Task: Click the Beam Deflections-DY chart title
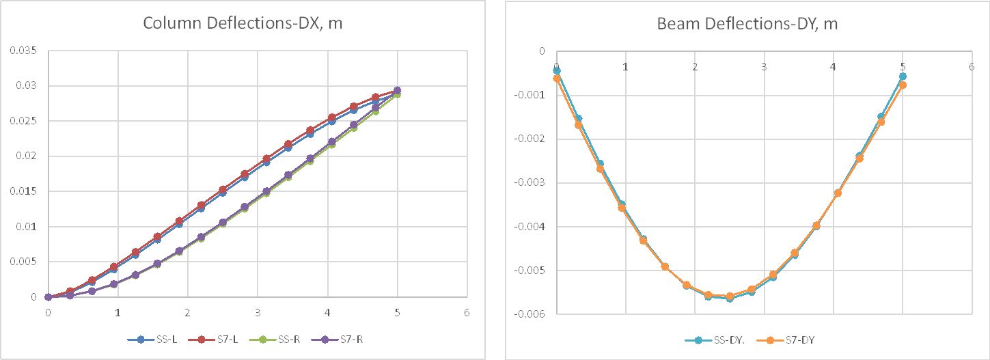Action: [747, 24]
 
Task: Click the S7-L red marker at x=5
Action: [397, 90]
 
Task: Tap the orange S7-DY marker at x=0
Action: [557, 79]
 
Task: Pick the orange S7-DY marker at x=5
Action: [903, 85]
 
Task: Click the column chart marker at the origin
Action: [48, 297]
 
